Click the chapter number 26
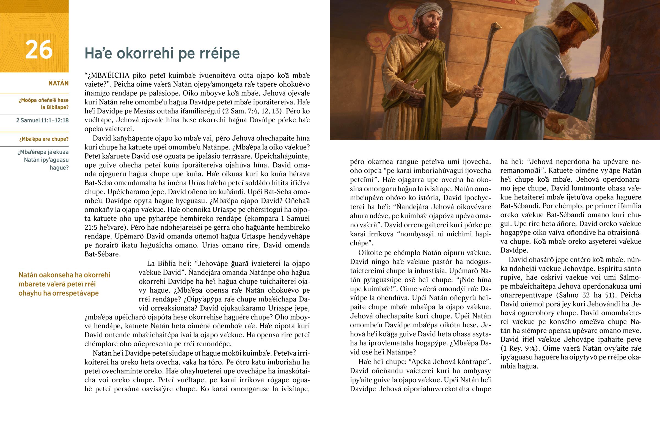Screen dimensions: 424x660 pyautogui.click(x=39, y=50)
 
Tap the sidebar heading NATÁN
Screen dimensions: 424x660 pyautogui.click(x=58, y=84)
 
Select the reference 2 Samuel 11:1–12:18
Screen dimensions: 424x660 pyautogui.click(x=42, y=120)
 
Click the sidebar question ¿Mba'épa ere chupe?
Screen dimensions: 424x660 pyautogui.click(x=44, y=139)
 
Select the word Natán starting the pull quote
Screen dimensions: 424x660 pyautogui.click(x=28, y=275)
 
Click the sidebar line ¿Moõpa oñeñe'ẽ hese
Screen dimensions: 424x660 pyautogui.click(x=43, y=100)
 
